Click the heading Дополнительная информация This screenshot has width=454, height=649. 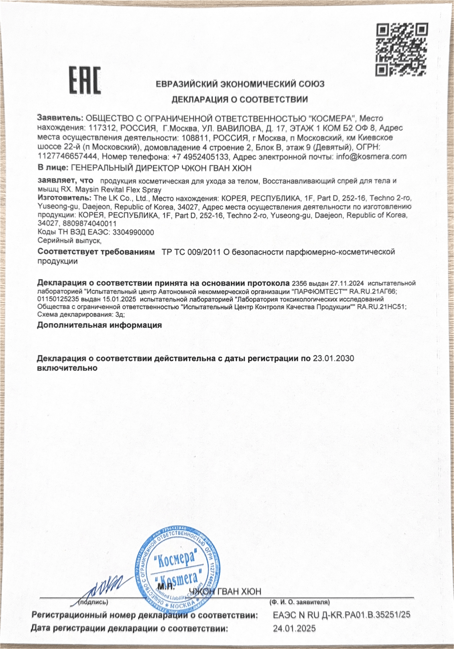coord(99,325)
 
